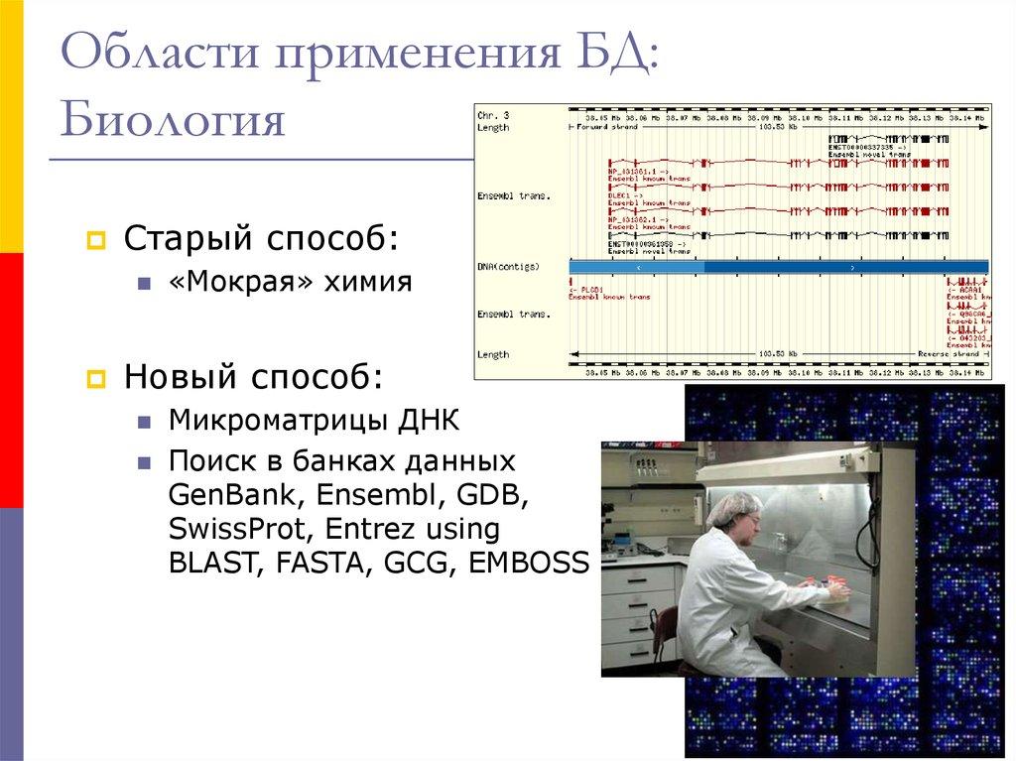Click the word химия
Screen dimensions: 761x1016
pyautogui.click(x=371, y=282)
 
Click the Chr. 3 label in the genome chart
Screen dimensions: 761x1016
pyautogui.click(x=493, y=116)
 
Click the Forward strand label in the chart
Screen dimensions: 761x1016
pyautogui.click(x=609, y=128)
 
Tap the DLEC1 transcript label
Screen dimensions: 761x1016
pyautogui.click(x=622, y=196)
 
